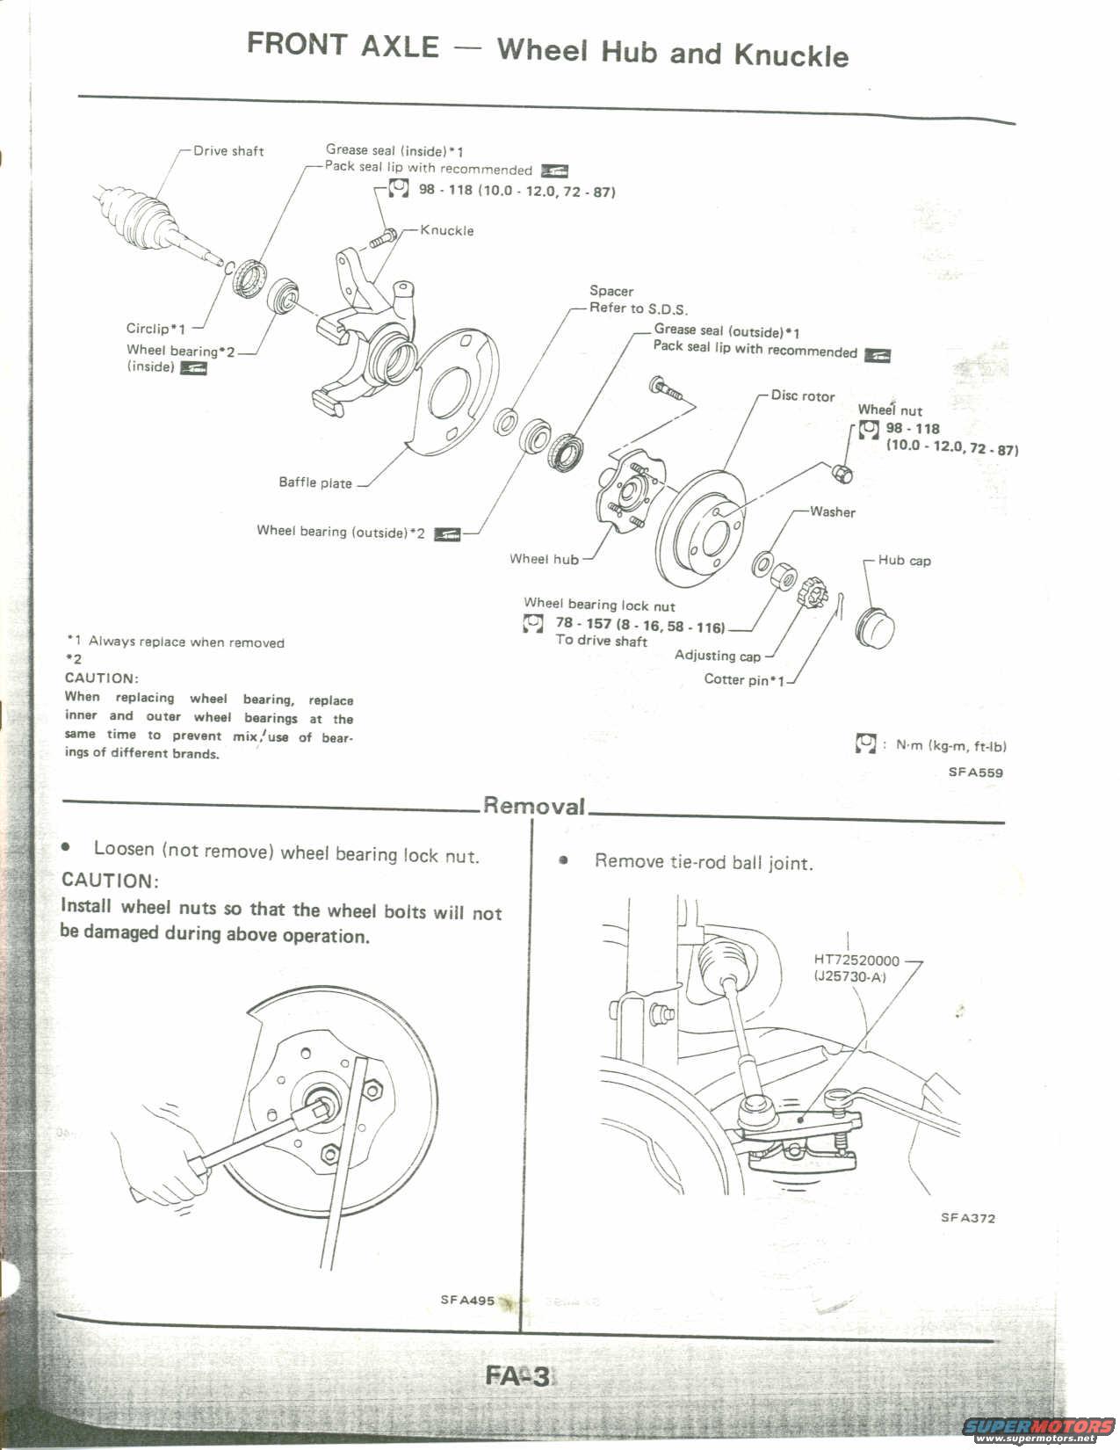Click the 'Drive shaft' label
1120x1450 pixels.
(228, 151)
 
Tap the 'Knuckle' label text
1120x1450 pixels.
(446, 230)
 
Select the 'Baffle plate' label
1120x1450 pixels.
(315, 482)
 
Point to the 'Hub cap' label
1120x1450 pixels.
(904, 560)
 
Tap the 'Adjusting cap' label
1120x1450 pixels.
(717, 655)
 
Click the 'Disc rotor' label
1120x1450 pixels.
(802, 395)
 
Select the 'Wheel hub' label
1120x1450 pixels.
(544, 559)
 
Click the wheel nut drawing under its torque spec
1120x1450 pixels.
(842, 474)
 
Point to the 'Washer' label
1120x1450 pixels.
(832, 511)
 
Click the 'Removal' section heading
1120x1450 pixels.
(534, 806)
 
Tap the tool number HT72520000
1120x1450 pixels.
(856, 961)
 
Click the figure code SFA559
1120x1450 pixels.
(975, 772)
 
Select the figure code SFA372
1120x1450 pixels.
(968, 1217)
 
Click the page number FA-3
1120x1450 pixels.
(517, 1375)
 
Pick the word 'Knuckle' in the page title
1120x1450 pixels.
(791, 54)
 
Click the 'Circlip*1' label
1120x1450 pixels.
(155, 329)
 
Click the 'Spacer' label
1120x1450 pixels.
(611, 291)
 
